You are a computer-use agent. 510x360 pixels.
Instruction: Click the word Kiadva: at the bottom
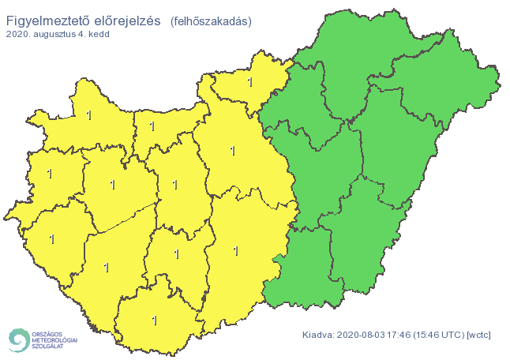click(x=318, y=336)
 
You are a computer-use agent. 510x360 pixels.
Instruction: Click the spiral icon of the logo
click(x=17, y=339)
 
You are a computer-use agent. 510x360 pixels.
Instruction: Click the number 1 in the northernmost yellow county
click(x=250, y=81)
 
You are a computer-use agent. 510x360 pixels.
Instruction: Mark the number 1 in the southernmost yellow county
click(x=155, y=321)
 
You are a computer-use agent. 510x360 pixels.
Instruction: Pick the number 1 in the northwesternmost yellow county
click(x=89, y=116)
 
